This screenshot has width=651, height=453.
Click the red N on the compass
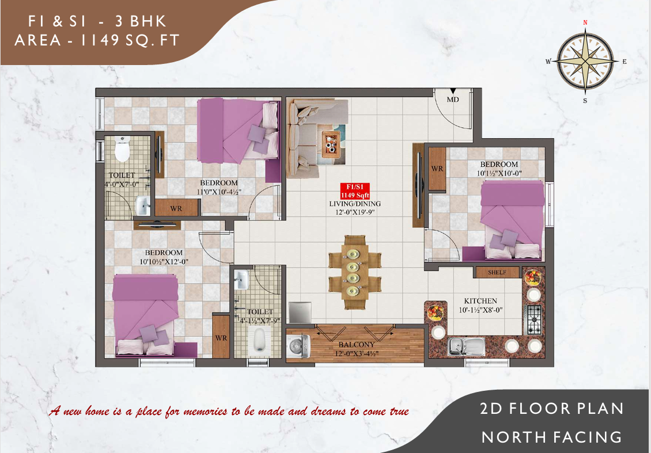[585, 22]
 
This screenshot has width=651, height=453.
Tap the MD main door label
[453, 100]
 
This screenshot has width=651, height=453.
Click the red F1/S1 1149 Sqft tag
[355, 191]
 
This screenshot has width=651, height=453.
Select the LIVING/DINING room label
[355, 204]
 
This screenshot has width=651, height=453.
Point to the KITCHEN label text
[480, 301]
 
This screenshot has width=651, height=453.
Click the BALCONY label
[357, 345]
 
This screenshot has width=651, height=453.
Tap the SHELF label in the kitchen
[497, 272]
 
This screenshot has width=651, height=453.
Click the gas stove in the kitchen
[533, 320]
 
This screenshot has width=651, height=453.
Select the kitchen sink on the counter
[467, 347]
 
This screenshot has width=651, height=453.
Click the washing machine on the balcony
[298, 347]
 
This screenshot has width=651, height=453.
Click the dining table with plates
[354, 272]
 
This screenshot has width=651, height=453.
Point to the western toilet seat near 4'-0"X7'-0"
[122, 149]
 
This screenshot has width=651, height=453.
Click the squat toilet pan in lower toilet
[260, 340]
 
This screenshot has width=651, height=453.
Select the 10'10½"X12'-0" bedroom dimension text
[164, 262]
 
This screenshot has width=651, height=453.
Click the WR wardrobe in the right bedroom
[437, 169]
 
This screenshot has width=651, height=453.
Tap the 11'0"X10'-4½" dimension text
[219, 192]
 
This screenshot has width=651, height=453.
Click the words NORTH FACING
[552, 437]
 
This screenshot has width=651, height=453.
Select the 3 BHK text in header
[141, 21]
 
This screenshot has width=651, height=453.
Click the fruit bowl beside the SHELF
[532, 276]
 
